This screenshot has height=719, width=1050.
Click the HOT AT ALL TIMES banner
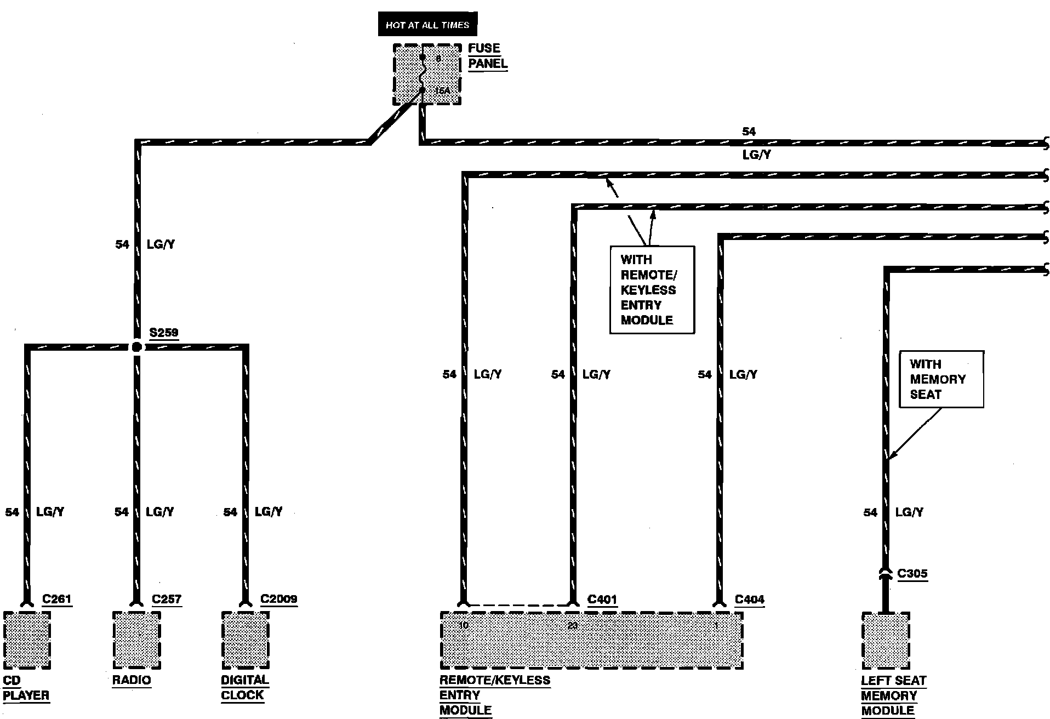427,25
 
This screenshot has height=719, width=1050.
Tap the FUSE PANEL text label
487,56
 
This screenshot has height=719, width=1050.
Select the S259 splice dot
136,347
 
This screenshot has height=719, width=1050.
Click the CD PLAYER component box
27,640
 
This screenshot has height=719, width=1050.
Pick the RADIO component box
136,640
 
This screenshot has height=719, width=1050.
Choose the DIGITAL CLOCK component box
245,640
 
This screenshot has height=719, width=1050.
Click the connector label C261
57,599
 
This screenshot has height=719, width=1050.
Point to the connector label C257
167,599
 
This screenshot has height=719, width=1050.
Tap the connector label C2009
279,599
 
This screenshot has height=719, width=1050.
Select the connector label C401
602,600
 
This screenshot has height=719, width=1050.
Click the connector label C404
749,600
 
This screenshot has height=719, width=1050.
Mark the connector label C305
912,574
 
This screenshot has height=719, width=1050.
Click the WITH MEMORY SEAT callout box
941,379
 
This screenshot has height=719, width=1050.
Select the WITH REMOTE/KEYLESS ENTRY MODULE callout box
652,290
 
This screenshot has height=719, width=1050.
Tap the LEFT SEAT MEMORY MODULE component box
886,641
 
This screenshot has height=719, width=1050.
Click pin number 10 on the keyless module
464,625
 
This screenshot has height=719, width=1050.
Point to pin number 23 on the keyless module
573,625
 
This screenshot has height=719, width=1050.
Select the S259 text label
164,333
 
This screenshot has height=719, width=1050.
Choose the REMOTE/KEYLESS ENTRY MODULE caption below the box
494,695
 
